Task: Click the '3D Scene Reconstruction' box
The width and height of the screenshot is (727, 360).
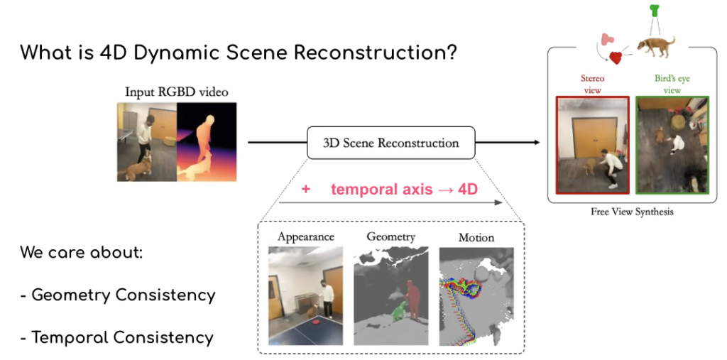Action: (391, 143)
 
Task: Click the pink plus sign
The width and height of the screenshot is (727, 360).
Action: (306, 190)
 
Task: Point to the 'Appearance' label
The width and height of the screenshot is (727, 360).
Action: (305, 236)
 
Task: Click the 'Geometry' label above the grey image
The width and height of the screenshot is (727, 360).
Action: (390, 236)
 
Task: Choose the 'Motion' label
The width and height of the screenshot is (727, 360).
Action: (476, 237)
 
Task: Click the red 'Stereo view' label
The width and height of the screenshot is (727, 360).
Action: (592, 84)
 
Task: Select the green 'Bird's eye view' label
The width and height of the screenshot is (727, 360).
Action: (671, 84)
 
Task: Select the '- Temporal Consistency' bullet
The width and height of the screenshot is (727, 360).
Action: (116, 337)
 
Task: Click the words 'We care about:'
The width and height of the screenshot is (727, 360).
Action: (81, 252)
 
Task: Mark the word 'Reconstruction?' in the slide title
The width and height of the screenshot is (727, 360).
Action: (370, 53)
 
